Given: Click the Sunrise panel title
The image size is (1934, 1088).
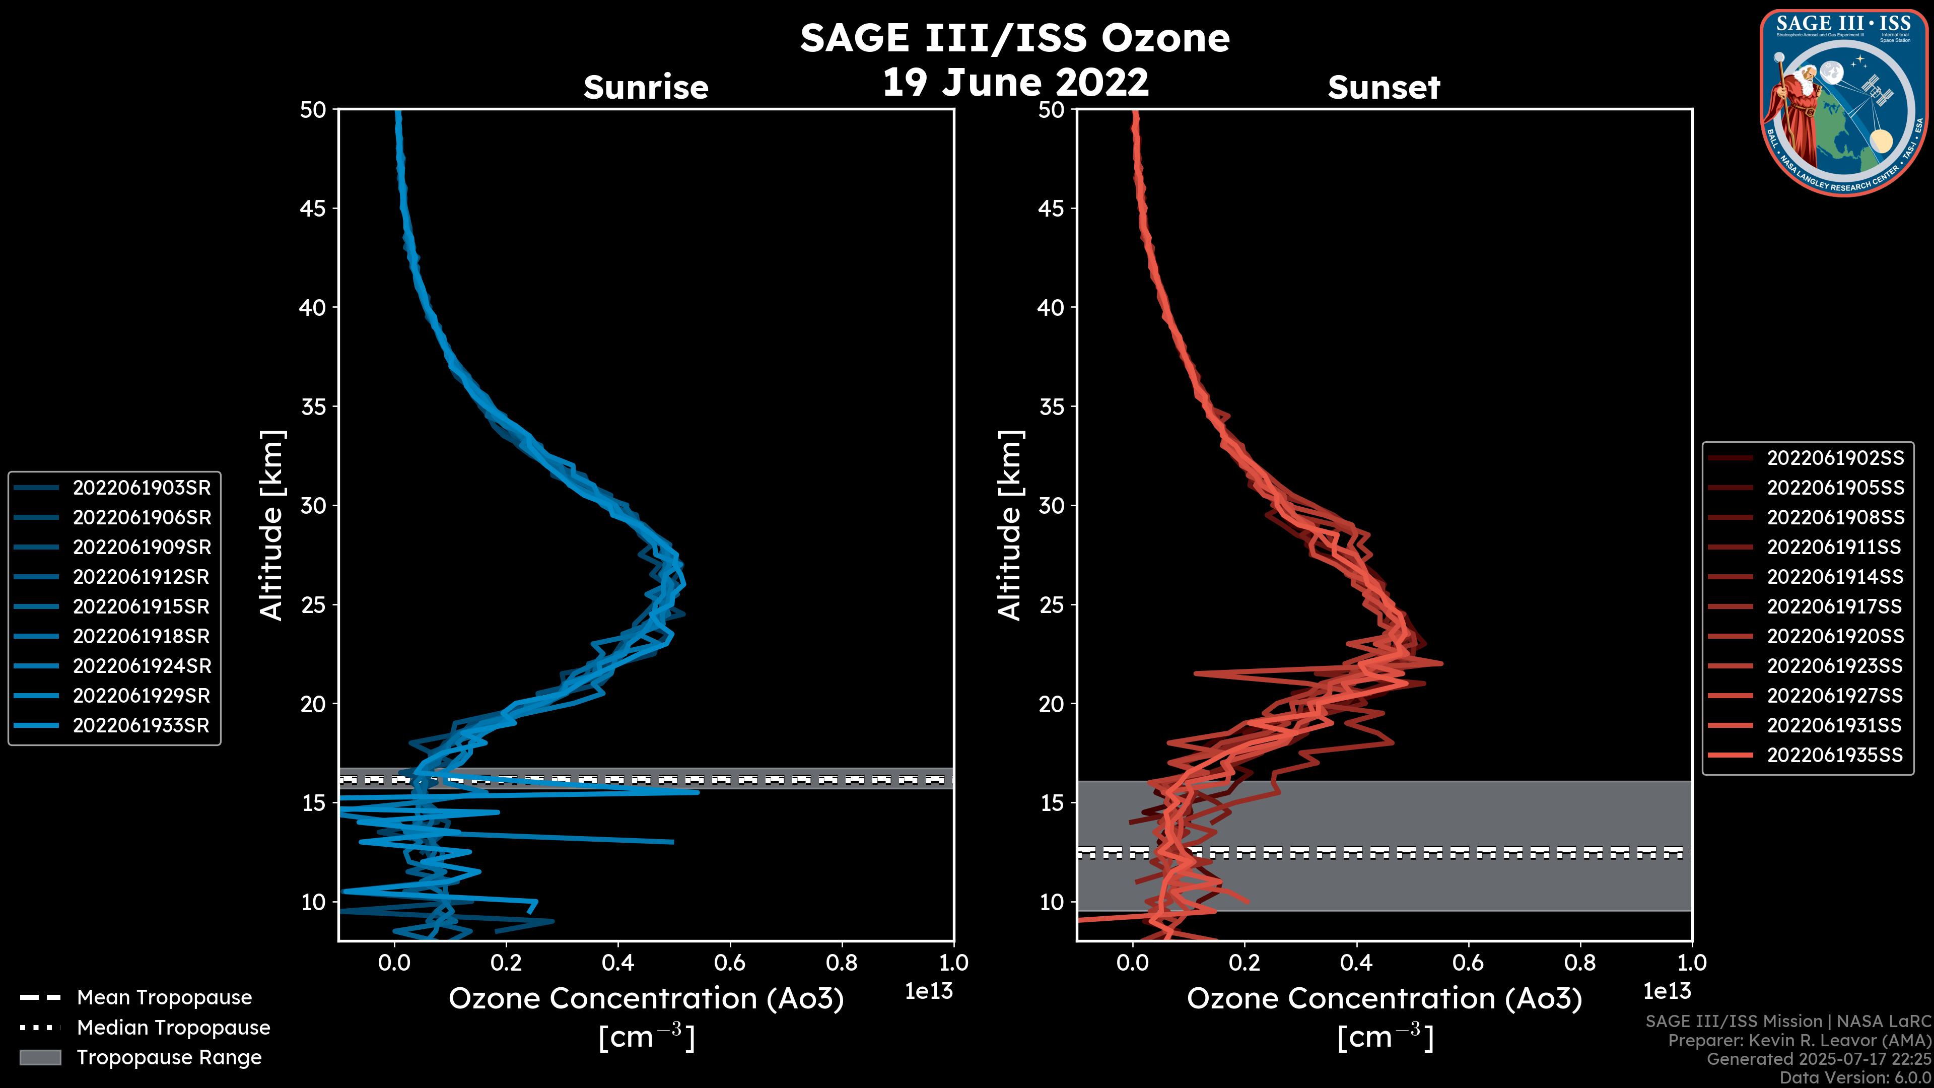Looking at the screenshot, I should [646, 88].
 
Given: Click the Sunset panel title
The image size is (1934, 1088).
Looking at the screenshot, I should [1384, 88].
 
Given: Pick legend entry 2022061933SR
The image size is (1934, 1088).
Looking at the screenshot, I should [141, 726].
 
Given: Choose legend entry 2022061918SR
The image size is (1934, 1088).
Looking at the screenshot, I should [141, 637].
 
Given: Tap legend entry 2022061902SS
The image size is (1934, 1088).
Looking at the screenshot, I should [1835, 458].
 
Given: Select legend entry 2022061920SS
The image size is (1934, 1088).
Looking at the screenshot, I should [1835, 637].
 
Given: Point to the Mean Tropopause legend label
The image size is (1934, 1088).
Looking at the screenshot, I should [164, 998].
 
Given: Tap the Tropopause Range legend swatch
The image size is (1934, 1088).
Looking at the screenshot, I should [40, 1057].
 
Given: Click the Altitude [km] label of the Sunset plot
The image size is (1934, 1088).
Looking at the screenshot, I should [1010, 525].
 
